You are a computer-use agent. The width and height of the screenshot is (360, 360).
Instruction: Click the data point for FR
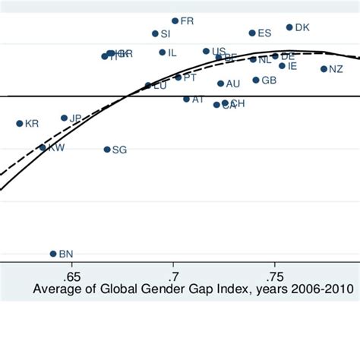pos(175,21)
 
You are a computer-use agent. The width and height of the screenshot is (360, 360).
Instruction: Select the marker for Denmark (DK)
pos(289,27)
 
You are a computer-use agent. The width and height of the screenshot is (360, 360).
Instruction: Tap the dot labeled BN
pos(53,254)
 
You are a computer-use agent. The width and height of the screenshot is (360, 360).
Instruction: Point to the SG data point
pos(107,150)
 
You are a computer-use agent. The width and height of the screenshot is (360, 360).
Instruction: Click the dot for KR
pos(20,123)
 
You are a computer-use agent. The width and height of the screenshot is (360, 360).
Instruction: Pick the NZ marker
pos(324,69)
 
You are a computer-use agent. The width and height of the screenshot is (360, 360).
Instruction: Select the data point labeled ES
pos(252,33)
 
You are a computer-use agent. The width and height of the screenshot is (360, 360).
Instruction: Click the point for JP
pos(65,118)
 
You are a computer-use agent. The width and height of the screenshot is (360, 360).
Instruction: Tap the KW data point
pos(43,148)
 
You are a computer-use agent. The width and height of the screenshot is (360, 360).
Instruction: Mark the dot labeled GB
pos(256,80)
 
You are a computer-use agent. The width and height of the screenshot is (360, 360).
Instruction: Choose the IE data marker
pos(282,66)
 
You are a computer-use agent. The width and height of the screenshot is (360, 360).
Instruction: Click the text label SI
pos(166,34)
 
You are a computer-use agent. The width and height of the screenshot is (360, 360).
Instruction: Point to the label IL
pos(172,52)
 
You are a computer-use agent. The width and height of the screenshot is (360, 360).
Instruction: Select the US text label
pos(219,51)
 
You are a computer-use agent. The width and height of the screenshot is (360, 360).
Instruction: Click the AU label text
pos(233,84)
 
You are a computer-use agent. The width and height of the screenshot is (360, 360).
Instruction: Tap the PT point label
pos(190,77)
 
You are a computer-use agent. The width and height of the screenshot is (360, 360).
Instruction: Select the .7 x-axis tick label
pos(173,276)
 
